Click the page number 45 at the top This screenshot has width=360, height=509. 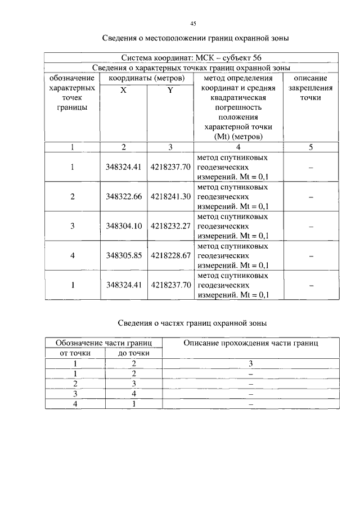[193, 23]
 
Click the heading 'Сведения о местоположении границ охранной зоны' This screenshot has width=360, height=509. [195, 39]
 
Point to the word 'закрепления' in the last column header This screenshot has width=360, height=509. [310, 88]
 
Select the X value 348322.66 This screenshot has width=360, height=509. [123, 196]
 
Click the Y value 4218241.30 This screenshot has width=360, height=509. [170, 196]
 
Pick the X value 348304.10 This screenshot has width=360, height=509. [123, 226]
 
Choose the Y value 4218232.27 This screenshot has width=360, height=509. [170, 226]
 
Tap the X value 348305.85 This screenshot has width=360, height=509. [123, 255]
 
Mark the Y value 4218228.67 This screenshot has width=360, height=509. [170, 255]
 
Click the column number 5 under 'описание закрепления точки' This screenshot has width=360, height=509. [310, 147]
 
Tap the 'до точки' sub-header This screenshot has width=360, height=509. [134, 353]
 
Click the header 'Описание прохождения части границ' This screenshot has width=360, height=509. [251, 343]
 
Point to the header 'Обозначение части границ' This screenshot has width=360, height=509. [104, 343]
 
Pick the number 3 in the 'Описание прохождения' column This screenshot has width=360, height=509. [251, 363]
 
